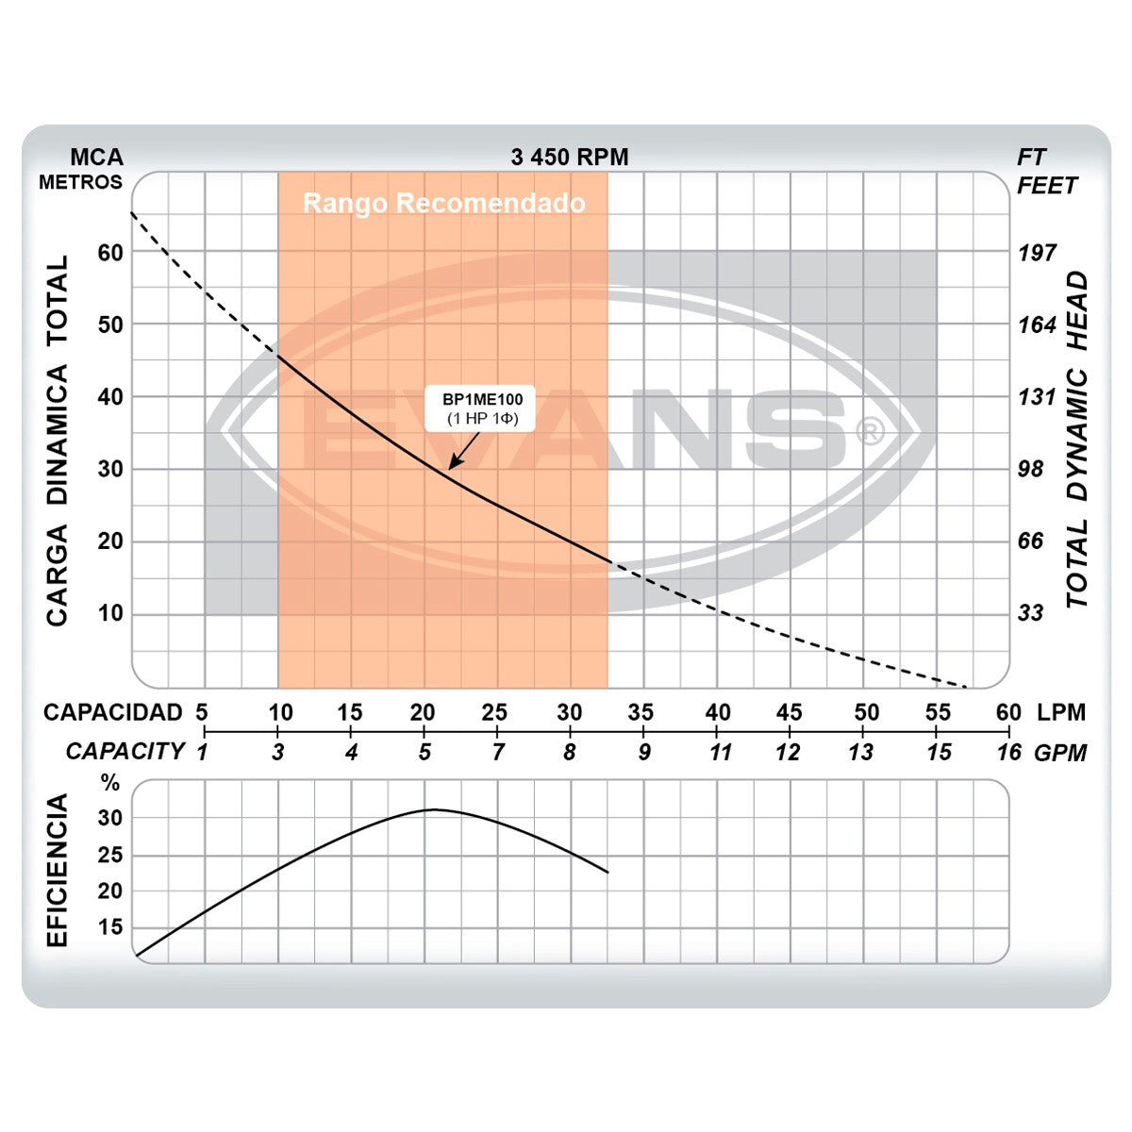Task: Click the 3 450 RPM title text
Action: coord(569,158)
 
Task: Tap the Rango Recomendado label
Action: coord(443,203)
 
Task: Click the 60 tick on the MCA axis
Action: coord(110,253)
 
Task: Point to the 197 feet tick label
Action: coord(1037,253)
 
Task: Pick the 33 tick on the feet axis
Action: coord(1031,613)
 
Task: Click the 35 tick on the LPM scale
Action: coord(641,713)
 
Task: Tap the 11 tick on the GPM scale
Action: coord(721,753)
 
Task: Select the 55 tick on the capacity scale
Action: coord(938,713)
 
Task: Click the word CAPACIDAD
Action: coord(113,713)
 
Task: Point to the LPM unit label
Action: coord(1061,713)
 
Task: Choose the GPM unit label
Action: coord(1061,753)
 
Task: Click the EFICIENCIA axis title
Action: coord(58,870)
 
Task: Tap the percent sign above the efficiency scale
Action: coord(111,783)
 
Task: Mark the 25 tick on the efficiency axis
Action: coord(110,856)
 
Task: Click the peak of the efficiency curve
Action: coord(432,809)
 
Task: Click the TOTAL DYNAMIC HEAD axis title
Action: coord(1077,440)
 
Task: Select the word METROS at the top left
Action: coord(81,182)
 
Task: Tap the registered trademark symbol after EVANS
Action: coord(869,432)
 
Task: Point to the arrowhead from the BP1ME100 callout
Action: coord(452,465)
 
